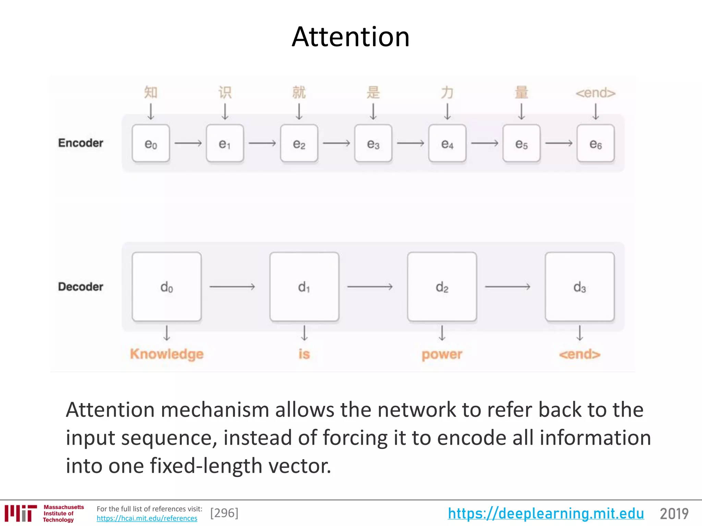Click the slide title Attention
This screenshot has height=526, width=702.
pyautogui.click(x=350, y=37)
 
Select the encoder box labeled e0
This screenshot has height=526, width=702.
pyautogui.click(x=151, y=143)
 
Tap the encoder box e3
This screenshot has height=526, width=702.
pyautogui.click(x=373, y=143)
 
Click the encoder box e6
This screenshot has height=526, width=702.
pyautogui.click(x=595, y=143)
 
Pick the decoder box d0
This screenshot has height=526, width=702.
pyautogui.click(x=167, y=287)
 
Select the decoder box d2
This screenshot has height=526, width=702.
pyautogui.click(x=442, y=287)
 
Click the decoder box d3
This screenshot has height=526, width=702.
pyautogui.click(x=580, y=287)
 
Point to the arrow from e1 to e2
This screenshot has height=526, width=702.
pyautogui.click(x=262, y=143)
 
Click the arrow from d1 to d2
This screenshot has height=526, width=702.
pyautogui.click(x=370, y=286)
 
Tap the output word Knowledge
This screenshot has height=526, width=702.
pyautogui.click(x=167, y=354)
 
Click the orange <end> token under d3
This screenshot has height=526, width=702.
pyautogui.click(x=580, y=354)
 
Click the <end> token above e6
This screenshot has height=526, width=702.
pyautogui.click(x=595, y=93)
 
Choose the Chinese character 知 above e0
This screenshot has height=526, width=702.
pyautogui.click(x=151, y=92)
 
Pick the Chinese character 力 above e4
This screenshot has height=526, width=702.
pyautogui.click(x=447, y=92)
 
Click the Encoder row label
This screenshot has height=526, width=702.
pyautogui.click(x=81, y=143)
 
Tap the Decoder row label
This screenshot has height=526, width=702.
pyautogui.click(x=81, y=287)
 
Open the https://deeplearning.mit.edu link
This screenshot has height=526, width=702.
pyautogui.click(x=546, y=513)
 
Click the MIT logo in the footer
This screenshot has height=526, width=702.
pyautogui.click(x=21, y=513)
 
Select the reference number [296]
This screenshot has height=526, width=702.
pyautogui.click(x=224, y=513)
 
